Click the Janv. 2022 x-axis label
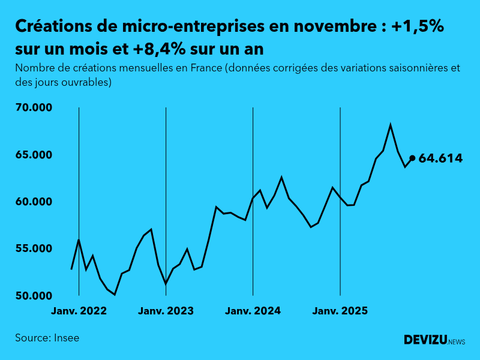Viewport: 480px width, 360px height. click(x=79, y=311)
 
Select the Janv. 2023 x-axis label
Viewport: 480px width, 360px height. click(x=166, y=311)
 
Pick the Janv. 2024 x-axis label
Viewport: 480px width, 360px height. click(x=253, y=311)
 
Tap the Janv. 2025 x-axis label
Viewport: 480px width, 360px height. click(x=340, y=311)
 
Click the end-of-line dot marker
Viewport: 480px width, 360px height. click(x=412, y=158)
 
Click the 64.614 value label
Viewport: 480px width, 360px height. click(x=440, y=158)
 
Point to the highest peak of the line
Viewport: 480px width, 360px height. click(x=391, y=125)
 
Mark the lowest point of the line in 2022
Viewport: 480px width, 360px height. click(x=115, y=295)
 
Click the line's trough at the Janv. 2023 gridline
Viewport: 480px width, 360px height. click(x=166, y=284)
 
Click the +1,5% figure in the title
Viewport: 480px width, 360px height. click(x=418, y=27)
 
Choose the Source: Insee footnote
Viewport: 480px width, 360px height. click(x=47, y=338)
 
